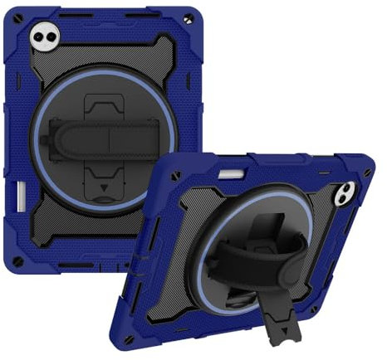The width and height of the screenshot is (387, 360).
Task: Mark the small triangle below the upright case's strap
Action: [102, 188]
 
